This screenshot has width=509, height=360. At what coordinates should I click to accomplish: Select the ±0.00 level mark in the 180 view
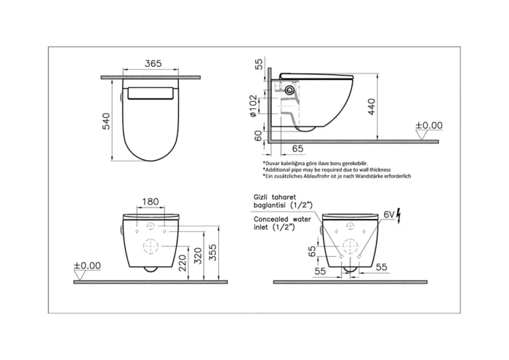pyautogui.click(x=87, y=265)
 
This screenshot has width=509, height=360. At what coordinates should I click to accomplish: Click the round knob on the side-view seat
pyautogui.click(x=290, y=90)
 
